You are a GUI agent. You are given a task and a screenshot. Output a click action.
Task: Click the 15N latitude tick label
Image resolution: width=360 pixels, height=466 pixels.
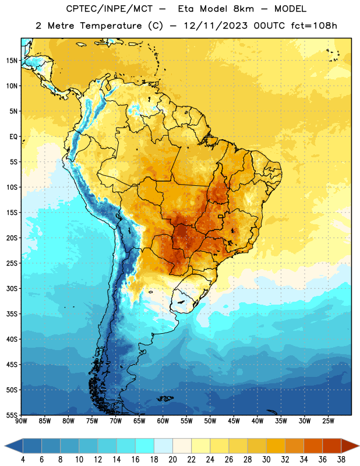tap(12, 61)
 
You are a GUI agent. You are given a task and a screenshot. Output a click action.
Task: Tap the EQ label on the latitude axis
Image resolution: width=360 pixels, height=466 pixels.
tap(13, 137)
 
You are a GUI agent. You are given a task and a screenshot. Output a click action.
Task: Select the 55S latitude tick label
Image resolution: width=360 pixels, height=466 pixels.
tap(12, 415)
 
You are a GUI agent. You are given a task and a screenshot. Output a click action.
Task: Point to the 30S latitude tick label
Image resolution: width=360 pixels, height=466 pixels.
tap(12, 288)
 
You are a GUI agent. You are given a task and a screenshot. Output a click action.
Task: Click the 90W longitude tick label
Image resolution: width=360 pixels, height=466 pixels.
tap(21, 421)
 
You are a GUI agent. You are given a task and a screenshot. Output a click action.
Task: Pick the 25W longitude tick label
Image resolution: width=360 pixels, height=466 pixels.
tap(328, 421)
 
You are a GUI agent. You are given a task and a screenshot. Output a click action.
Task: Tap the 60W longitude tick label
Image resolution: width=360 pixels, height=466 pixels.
tap(163, 421)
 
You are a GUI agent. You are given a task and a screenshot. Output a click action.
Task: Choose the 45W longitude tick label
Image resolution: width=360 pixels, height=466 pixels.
tap(234, 421)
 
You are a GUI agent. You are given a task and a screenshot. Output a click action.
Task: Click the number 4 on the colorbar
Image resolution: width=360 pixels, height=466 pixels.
tap(23, 460)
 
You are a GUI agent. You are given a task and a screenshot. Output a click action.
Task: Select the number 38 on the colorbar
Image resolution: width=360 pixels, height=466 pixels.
tap(341, 460)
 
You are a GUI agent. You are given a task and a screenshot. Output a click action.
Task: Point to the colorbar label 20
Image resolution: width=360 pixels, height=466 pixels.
tap(172, 460)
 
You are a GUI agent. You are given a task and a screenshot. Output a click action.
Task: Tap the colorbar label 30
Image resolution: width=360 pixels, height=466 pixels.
tap(266, 460)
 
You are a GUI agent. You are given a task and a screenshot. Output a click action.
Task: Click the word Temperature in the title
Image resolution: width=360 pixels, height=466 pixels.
tap(111, 26)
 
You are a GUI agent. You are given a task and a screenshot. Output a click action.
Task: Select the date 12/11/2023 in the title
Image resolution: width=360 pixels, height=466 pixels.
tap(216, 26)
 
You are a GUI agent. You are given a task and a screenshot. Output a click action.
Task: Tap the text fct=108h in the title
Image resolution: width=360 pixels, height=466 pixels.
tap(314, 26)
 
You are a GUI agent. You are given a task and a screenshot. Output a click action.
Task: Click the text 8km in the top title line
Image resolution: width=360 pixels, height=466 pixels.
tap(243, 9)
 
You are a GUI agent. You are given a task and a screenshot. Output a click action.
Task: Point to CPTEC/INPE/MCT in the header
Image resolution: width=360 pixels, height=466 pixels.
tap(110, 9)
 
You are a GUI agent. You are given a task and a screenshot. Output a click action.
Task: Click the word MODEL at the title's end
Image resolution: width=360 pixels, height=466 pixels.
tap(290, 9)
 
